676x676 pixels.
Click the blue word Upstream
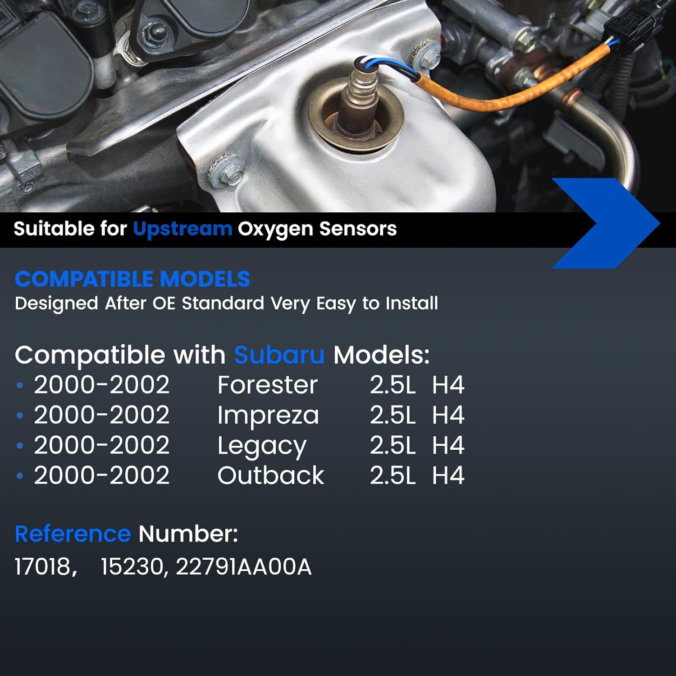click(x=182, y=229)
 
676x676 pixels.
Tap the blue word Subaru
click(x=279, y=355)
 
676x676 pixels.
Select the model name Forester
click(x=267, y=385)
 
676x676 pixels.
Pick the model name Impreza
click(x=268, y=416)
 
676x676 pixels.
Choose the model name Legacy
click(x=261, y=446)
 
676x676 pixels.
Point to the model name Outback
click(x=270, y=476)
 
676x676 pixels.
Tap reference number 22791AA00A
click(x=243, y=566)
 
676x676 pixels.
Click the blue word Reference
click(x=73, y=534)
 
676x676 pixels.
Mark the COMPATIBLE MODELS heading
click(x=132, y=279)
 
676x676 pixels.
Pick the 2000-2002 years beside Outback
click(x=101, y=476)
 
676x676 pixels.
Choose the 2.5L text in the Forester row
click(x=392, y=385)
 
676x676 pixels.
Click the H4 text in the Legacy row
click(x=448, y=446)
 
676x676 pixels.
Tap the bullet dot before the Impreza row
click(x=19, y=416)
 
